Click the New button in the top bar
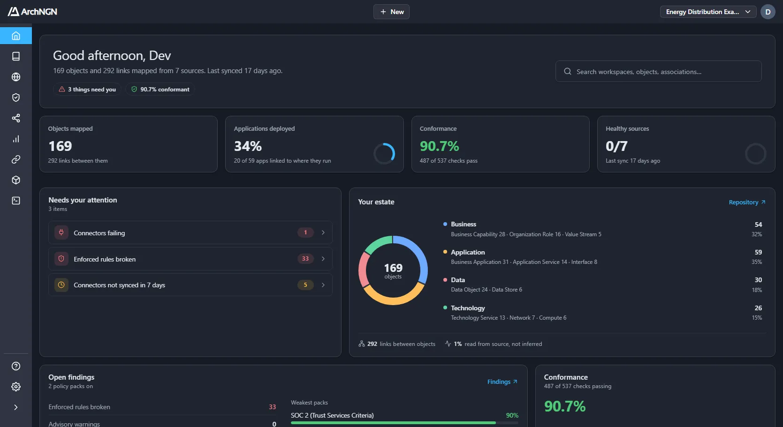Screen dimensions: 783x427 (x=391, y=12)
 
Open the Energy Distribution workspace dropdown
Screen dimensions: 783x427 (x=708, y=12)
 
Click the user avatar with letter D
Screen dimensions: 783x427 (x=768, y=12)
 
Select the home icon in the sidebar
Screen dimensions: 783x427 (x=16, y=36)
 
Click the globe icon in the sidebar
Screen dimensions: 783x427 (x=16, y=77)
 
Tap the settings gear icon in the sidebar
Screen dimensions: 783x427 (x=16, y=387)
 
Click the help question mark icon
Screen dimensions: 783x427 (x=16, y=366)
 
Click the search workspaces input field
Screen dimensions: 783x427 (x=658, y=72)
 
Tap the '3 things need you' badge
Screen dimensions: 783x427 (x=87, y=90)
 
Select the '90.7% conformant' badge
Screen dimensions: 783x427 (x=160, y=90)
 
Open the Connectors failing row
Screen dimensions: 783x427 (x=190, y=232)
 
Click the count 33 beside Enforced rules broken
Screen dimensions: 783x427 (x=305, y=259)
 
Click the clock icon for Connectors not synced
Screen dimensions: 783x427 (x=61, y=285)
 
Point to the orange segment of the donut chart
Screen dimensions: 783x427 (x=393, y=300)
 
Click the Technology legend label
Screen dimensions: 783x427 (x=468, y=308)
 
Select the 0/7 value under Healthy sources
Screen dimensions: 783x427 (x=616, y=146)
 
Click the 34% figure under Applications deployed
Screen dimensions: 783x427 (x=248, y=146)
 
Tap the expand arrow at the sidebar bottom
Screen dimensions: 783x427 (x=16, y=407)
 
